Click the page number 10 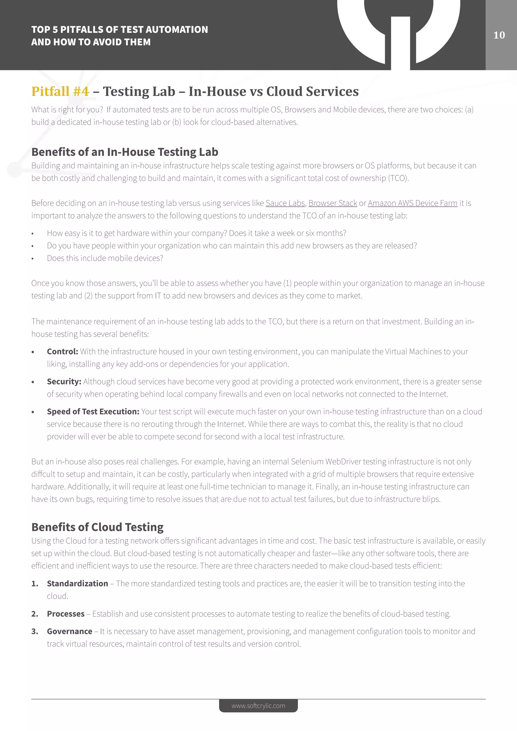click(499, 35)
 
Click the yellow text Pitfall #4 click(60, 91)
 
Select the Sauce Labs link click(285, 203)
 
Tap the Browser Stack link click(332, 203)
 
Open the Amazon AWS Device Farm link click(412, 203)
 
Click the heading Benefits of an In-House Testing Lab click(124, 152)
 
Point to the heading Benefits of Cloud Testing click(97, 527)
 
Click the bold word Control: click(62, 352)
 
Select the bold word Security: click(64, 381)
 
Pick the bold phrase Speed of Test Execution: click(93, 412)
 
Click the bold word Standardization click(77, 584)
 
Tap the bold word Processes click(66, 614)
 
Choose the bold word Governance click(69, 631)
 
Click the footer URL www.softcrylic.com click(258, 706)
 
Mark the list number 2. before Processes click(35, 614)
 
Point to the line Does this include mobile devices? click(105, 258)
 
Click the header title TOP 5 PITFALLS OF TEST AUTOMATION click(119, 30)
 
